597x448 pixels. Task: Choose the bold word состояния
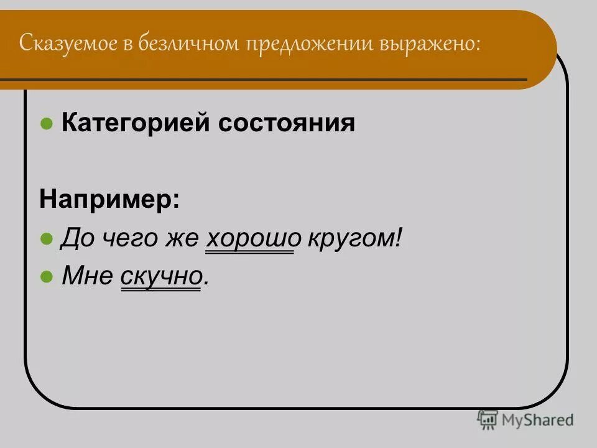pyautogui.click(x=287, y=123)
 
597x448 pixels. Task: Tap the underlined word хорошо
pyautogui.click(x=249, y=238)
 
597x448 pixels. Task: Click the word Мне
pyautogui.click(x=87, y=277)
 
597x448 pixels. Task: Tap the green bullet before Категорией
pyautogui.click(x=46, y=124)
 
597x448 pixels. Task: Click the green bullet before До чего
pyautogui.click(x=46, y=239)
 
